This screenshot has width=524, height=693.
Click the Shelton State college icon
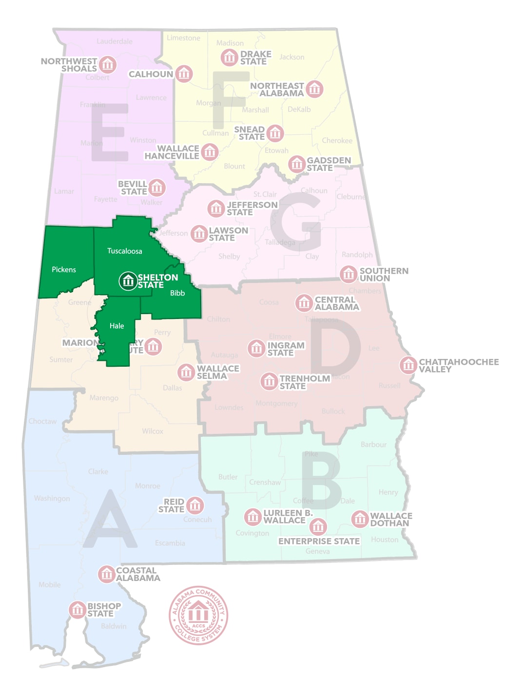pos(128,281)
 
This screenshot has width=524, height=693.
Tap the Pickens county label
pos(64,270)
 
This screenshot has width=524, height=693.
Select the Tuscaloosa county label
pos(125,251)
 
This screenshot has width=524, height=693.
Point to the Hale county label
pos(117,326)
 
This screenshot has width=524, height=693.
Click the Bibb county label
pos(177,293)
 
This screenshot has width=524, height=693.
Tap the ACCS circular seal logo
pos(198,615)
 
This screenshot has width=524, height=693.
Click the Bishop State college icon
pos(78,610)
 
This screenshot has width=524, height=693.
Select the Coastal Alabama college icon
pos(107,574)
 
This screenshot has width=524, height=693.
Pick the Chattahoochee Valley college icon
pos(408,365)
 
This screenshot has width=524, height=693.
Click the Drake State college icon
pos(230,57)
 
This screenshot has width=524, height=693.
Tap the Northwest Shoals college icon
pos(108,64)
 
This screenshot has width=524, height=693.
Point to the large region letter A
pos(110,521)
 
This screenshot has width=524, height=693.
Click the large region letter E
pos(110,132)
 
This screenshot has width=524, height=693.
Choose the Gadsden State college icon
pos(297,164)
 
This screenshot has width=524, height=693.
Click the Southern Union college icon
pos(349,275)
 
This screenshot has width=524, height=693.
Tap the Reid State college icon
pos(195,506)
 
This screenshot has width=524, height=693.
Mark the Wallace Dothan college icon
pos(360,519)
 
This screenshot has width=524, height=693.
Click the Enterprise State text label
pos(319,542)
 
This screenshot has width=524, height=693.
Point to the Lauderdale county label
pos(115,41)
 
